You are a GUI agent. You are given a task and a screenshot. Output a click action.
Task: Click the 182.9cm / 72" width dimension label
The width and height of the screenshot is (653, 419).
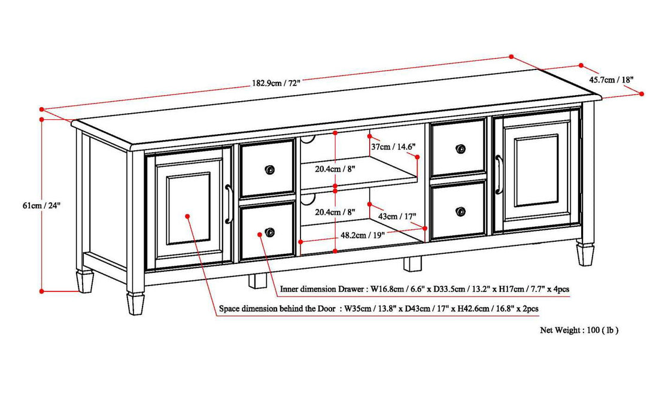[x=276, y=83]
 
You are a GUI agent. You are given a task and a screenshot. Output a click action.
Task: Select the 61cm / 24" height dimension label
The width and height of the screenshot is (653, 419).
[x=41, y=205]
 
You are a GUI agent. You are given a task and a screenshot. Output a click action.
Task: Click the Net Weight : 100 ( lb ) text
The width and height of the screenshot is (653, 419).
[x=579, y=330]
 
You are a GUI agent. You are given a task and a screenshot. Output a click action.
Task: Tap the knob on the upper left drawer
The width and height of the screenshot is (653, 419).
[x=270, y=170]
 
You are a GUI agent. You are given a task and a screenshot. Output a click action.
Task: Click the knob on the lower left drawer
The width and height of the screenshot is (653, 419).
[x=270, y=232]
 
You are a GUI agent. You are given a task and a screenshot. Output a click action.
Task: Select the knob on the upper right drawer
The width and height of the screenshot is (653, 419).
[x=460, y=148]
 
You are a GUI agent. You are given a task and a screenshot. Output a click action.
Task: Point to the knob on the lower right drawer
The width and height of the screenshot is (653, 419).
[x=460, y=211]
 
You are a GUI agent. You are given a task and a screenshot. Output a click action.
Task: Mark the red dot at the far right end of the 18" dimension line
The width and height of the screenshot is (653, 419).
[x=641, y=93]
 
